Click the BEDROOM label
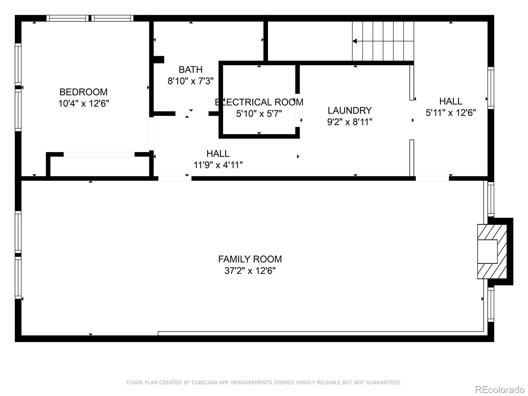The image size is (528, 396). tap(83, 92)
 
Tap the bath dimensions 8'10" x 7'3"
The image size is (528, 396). tap(191, 81)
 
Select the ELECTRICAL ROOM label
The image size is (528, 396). tap(259, 102)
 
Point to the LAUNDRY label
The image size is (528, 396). tap(349, 111)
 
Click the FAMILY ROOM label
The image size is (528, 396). tap(250, 259)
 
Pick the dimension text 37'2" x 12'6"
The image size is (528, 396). tap(250, 271)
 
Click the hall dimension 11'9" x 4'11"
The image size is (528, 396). tap(218, 165)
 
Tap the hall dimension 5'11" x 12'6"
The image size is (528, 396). tap(450, 113)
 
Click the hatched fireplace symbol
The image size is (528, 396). tap(492, 251)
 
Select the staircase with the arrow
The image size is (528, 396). tap(383, 41)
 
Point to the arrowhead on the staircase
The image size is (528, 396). tap(355, 41)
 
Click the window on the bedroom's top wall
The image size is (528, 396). tap(90, 18)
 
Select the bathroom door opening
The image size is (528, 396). tap(192, 114)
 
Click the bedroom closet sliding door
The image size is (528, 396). tap(99, 154)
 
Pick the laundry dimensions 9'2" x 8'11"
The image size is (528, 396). tap(349, 122)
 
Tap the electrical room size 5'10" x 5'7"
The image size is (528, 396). tap(259, 114)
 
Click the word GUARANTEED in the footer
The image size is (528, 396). tap(384, 382)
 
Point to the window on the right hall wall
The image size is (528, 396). tap(491, 88)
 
